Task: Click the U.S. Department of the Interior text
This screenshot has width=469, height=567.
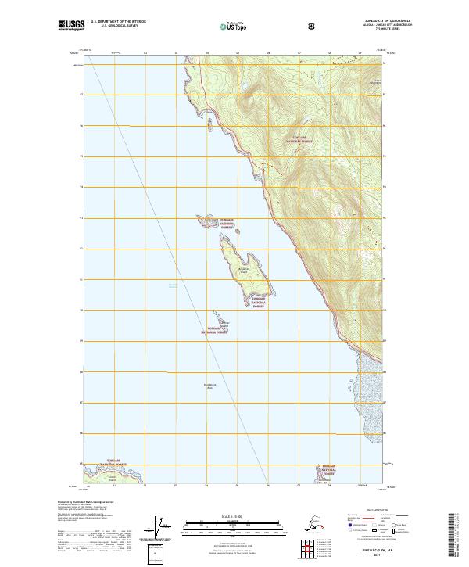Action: tap(118, 22)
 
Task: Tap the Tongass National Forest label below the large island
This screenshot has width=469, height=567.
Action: tap(259, 302)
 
